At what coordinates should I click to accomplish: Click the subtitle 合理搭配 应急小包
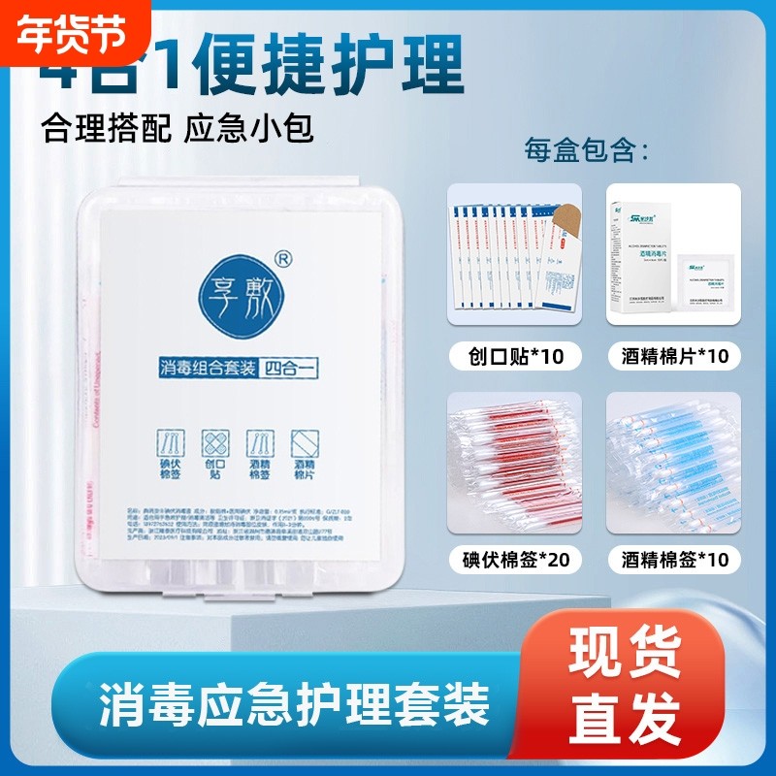tap(178, 129)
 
